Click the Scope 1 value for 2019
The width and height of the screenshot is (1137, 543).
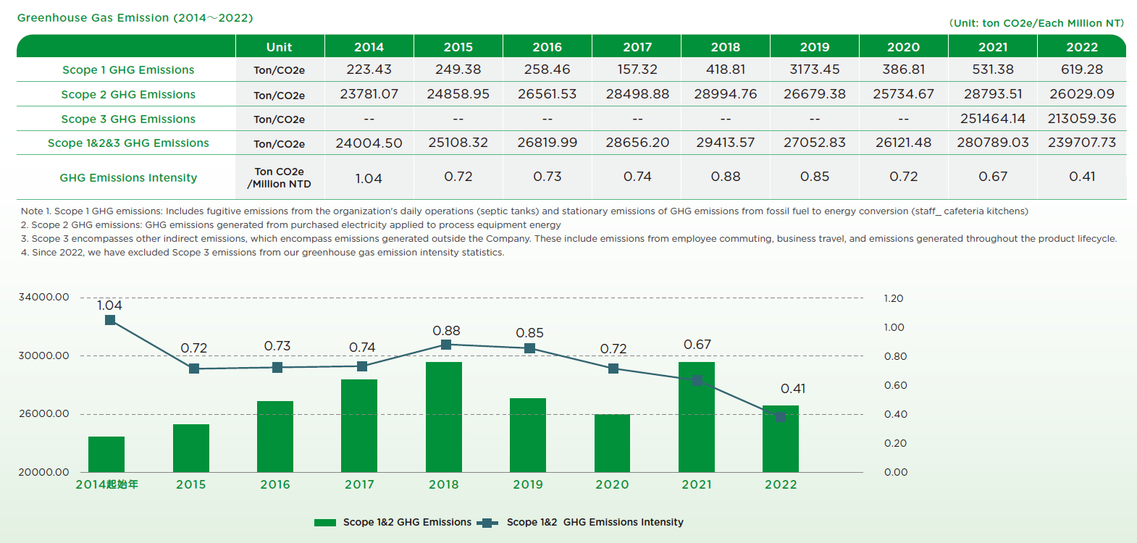coord(815,70)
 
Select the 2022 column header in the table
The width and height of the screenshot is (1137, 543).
coord(1082,47)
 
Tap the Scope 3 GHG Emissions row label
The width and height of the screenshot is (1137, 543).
coord(128,119)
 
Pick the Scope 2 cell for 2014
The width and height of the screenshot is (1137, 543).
coord(369,94)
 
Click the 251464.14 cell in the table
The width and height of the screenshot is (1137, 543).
coord(993,119)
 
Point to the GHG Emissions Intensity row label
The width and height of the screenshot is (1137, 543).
coord(128,177)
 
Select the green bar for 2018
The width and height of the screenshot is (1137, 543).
coord(444,417)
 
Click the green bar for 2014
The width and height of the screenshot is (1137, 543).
coord(106,454)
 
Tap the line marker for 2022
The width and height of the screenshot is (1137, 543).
coord(781,417)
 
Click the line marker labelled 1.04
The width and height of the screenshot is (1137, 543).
coord(110,320)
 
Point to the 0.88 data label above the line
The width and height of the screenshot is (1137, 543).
coord(446,331)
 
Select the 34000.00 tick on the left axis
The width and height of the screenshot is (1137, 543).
coord(44,297)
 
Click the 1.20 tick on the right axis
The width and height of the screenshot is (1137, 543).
coord(894,298)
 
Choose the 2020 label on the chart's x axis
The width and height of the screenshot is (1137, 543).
coord(612,484)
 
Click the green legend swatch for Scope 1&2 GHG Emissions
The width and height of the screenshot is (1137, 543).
coord(325,522)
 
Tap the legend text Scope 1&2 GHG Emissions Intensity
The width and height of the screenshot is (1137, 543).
coord(595,522)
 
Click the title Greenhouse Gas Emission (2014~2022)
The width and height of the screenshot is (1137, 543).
coord(135,18)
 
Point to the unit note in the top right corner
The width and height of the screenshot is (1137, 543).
coord(1036,23)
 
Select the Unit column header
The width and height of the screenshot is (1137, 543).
coord(280,47)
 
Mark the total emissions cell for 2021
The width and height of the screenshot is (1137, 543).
coord(993,143)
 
